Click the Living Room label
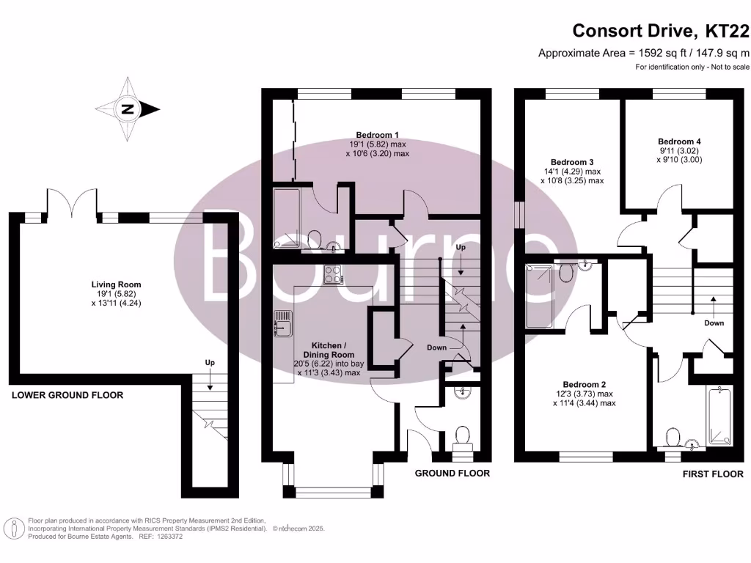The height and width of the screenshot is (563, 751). coord(116,284)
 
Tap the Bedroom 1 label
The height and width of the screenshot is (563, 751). coord(377,135)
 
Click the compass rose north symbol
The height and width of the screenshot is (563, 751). coord(129,110)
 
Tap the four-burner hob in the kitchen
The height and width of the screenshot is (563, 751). coord(333,274)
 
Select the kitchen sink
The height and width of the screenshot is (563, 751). coord(282,324)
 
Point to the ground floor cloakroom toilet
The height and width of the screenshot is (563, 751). coord(463,437)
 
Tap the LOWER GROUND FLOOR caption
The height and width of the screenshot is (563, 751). coord(67,396)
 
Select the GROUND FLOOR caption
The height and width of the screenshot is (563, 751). coord(453,474)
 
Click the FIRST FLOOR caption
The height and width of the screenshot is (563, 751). coord(713,474)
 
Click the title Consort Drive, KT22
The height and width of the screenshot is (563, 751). coord(661,31)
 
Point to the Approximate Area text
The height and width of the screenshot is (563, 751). coord(644,53)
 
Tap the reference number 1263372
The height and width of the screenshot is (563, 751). coord(166,537)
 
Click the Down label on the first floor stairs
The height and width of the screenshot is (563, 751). coord(714,323)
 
